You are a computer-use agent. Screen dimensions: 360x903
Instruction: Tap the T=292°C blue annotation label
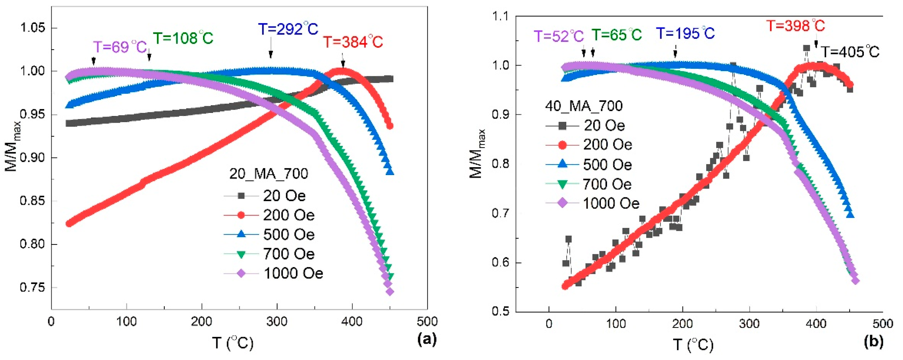coord(288,29)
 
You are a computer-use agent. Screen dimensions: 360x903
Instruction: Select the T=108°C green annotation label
coord(183,38)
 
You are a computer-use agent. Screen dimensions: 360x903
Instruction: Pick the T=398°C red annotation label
coord(795,26)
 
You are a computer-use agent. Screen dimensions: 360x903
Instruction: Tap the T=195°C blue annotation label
coord(685,33)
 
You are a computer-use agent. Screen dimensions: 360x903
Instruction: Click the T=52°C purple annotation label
coord(559,36)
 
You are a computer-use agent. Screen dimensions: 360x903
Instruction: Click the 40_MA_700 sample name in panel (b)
coord(584,106)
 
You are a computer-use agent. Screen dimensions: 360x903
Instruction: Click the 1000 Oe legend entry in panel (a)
coord(293,273)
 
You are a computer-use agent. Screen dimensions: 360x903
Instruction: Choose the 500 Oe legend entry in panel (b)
coord(607,164)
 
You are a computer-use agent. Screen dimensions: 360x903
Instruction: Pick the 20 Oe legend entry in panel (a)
coord(284,196)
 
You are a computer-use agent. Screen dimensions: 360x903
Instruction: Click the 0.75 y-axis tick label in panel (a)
coord(33,287)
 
